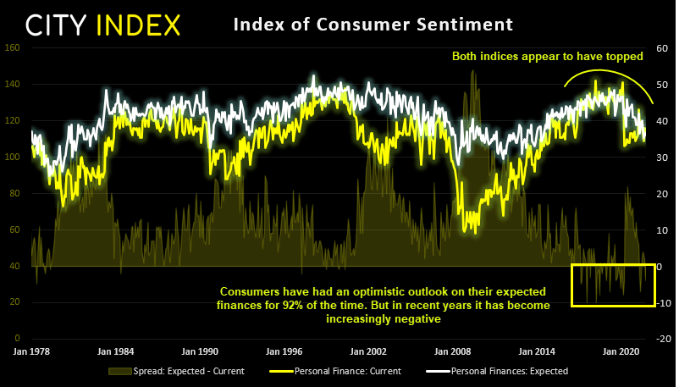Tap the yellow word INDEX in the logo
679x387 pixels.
[139, 25]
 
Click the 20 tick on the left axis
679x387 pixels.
[14, 302]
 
